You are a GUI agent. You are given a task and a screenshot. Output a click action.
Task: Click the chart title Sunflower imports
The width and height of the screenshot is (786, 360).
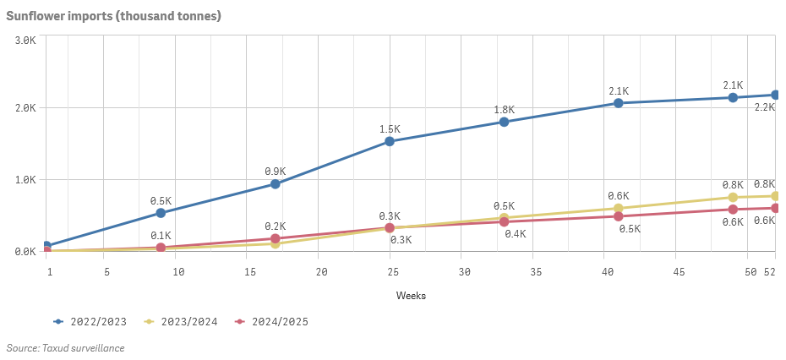(x=114, y=16)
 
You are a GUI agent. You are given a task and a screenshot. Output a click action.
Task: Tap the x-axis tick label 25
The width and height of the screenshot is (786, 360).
(x=392, y=272)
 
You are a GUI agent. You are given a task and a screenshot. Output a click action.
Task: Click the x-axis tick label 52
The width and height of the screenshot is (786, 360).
(x=769, y=272)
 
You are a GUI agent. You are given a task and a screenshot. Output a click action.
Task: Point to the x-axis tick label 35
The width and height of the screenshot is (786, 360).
(x=535, y=272)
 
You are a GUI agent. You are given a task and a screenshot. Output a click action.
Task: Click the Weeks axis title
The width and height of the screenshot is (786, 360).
(x=411, y=296)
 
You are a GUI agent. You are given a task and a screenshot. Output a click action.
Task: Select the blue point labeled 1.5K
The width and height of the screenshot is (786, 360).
(x=390, y=141)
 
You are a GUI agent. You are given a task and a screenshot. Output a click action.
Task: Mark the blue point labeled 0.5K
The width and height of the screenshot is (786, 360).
(x=161, y=213)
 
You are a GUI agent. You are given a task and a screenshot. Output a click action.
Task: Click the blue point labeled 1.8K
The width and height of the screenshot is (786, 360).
(x=504, y=122)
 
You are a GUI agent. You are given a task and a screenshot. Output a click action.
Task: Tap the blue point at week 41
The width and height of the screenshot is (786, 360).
(x=618, y=103)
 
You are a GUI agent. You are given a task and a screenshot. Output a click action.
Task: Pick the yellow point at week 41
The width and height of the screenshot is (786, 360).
(x=618, y=209)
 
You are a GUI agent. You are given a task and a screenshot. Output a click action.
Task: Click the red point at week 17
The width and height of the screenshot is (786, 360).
(x=275, y=238)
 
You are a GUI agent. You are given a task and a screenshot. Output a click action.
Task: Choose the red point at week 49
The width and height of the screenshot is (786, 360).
(x=733, y=209)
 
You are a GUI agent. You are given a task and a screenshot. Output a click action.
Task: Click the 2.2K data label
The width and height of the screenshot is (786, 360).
(x=765, y=107)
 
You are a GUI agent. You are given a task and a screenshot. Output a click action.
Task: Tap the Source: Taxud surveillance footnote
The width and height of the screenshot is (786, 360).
(x=65, y=348)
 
